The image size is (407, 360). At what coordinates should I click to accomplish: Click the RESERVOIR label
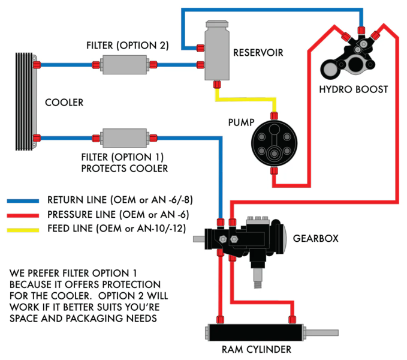point(258,53)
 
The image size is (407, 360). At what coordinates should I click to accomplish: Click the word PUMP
point(242,122)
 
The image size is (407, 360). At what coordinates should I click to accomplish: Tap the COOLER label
point(64,103)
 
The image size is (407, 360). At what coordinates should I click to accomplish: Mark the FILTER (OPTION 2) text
point(128,45)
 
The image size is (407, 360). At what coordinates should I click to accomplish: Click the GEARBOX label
point(315,238)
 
